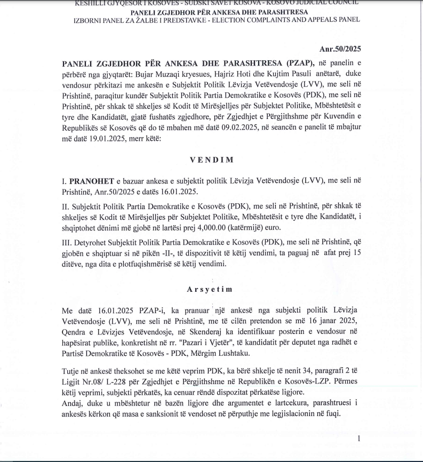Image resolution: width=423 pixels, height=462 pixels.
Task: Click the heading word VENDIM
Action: coord(211,159)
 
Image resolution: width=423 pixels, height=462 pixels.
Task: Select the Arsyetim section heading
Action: coord(211,289)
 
